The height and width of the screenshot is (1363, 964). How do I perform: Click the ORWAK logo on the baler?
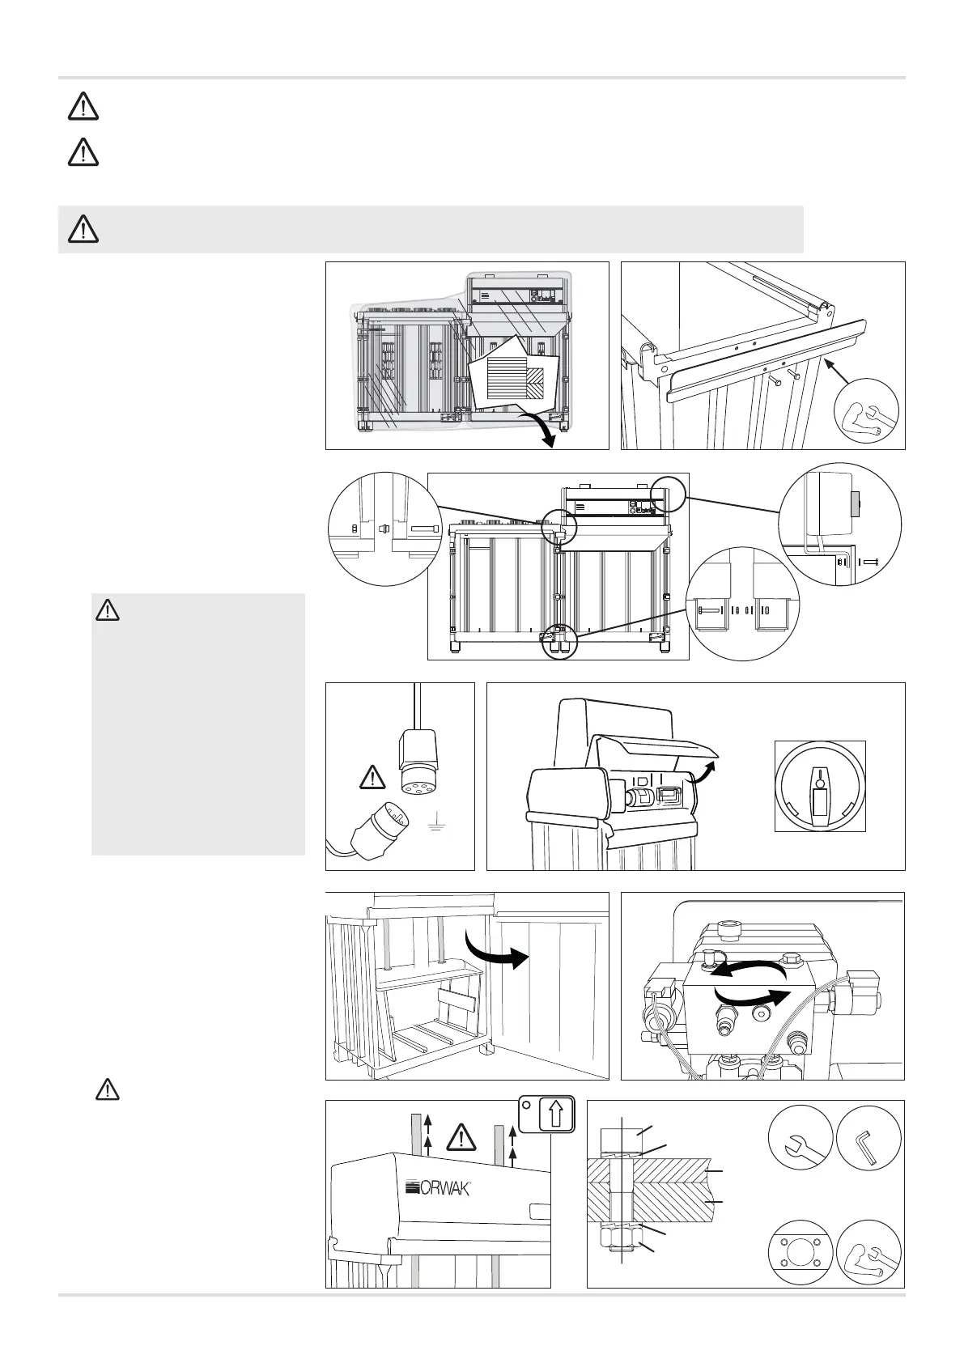(x=438, y=1188)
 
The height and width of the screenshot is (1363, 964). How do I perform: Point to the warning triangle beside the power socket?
(x=371, y=778)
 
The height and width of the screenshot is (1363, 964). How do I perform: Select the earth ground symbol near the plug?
(x=435, y=826)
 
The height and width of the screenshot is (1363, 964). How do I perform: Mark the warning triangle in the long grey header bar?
(x=83, y=230)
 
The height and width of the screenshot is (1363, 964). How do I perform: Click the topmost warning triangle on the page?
(x=83, y=108)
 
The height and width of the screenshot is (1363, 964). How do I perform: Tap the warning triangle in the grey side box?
(x=107, y=609)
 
